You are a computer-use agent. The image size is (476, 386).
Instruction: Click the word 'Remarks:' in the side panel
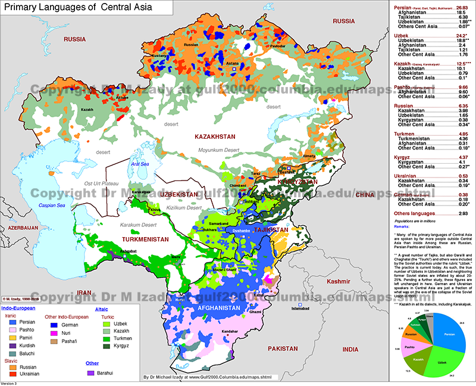click(x=405, y=228)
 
